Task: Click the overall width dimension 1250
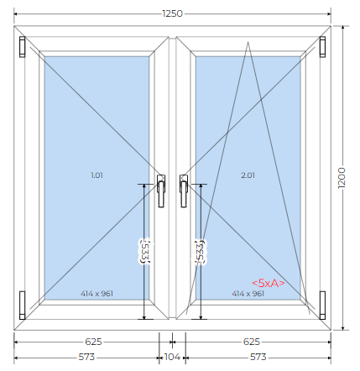click(172, 13)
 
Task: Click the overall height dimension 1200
click(342, 178)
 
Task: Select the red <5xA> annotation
click(269, 283)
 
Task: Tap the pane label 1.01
click(97, 175)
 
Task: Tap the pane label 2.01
click(248, 175)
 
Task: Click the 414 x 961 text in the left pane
click(97, 294)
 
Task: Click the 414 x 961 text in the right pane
click(248, 294)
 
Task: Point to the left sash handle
click(161, 191)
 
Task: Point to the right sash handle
click(184, 191)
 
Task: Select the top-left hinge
click(23, 47)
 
